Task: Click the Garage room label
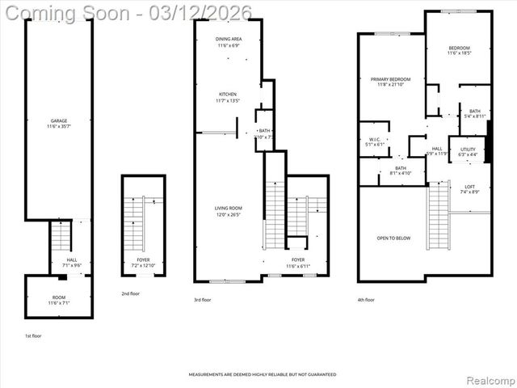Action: coord(59,124)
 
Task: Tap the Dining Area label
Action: coord(229,42)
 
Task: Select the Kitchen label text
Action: coord(227,98)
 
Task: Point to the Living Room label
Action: coord(228,211)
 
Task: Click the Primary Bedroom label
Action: coord(391,82)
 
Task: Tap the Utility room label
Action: coord(469,152)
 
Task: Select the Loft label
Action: coord(469,189)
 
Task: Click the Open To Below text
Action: coord(393,238)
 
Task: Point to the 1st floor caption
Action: coord(32,335)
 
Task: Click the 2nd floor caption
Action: coord(130,293)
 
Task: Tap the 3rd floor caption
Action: coord(204,300)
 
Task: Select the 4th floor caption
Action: coord(366,300)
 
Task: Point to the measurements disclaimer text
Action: coord(263,374)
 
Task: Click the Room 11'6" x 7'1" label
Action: coord(58,300)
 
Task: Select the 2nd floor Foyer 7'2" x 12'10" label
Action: coord(142,263)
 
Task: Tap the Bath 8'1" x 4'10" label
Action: coord(401,171)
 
